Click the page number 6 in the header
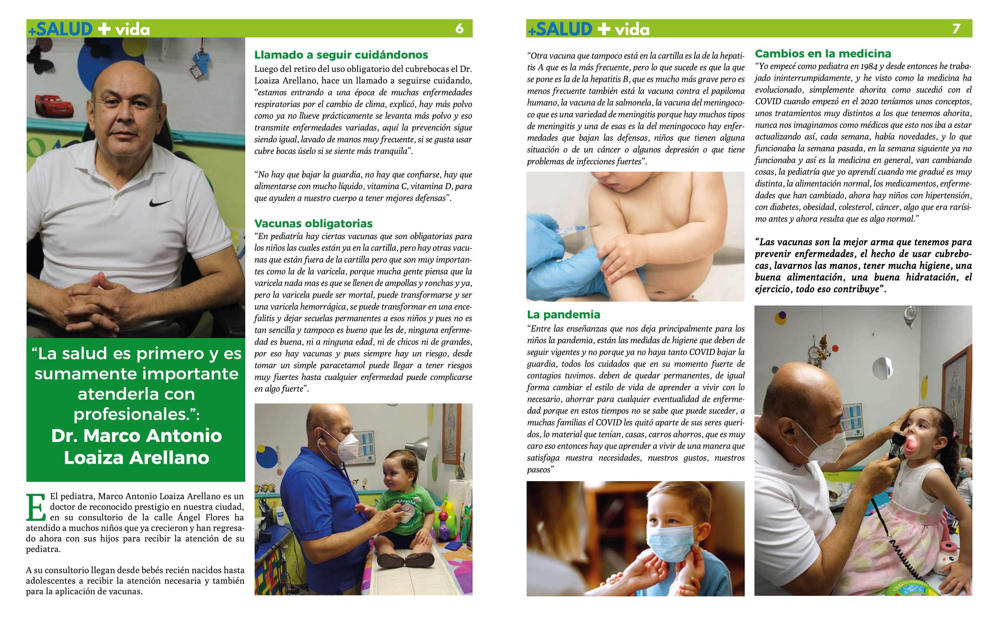[x=459, y=29]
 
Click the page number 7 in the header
[x=956, y=29]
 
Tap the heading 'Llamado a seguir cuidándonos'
[x=341, y=55]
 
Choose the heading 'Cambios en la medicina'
[x=823, y=54]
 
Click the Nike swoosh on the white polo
[x=160, y=203]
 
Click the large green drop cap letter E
[x=36, y=507]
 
